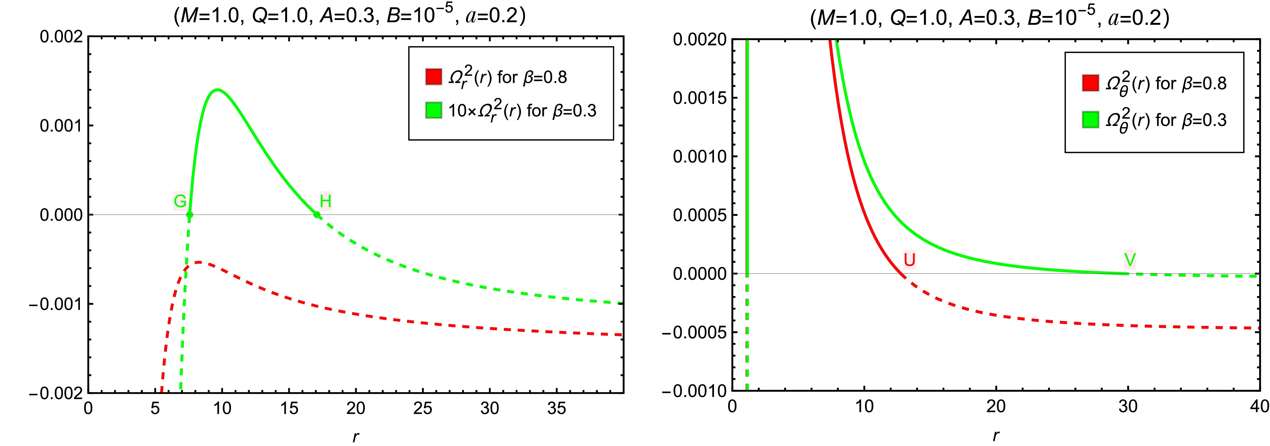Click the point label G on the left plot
(x=180, y=201)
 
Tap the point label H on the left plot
(x=325, y=201)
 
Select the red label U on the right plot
(x=909, y=259)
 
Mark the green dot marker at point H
(x=317, y=215)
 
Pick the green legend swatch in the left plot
(x=433, y=110)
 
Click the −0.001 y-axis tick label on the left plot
(x=55, y=304)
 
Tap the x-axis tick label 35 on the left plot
(x=556, y=409)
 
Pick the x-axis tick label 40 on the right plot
(x=1259, y=407)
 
